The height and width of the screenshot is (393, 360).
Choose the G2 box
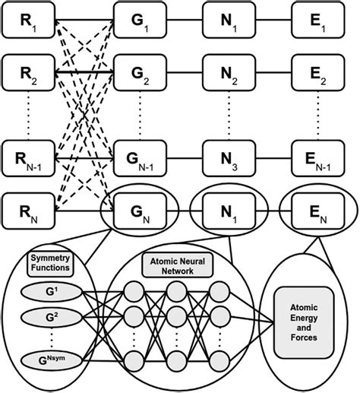pos(138,74)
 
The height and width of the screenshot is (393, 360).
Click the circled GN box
pos(138,208)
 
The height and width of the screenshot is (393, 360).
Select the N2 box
pos(228,74)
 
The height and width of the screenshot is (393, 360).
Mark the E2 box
pos(317,74)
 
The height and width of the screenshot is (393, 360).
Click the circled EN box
pos(317,208)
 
